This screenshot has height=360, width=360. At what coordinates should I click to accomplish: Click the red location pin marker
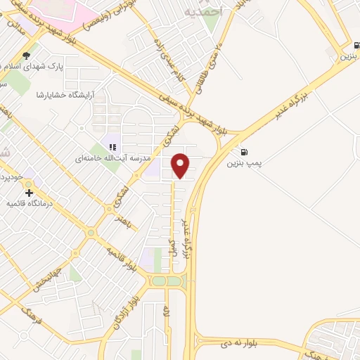coord(181,165)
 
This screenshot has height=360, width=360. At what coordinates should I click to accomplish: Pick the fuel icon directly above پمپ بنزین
coord(243,151)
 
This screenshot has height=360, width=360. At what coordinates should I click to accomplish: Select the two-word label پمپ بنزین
coord(243,162)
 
